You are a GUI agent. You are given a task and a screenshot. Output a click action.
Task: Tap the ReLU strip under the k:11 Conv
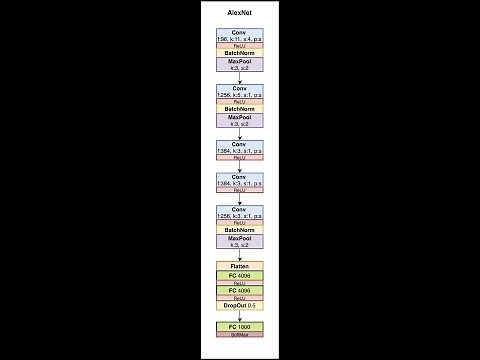tap(239, 46)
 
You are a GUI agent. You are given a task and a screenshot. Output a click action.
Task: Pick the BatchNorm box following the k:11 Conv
tap(239, 52)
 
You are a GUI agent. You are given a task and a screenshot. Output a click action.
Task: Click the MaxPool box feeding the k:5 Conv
tap(239, 64)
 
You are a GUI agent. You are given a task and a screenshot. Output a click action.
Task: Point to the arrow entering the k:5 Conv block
tap(239, 78)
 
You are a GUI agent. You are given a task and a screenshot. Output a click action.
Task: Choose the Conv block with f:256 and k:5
tap(239, 91)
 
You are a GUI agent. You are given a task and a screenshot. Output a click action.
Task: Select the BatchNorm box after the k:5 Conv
tap(239, 108)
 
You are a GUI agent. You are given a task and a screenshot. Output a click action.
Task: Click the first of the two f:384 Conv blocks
tap(239, 146)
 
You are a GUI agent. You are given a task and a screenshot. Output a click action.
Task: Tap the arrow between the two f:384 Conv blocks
tap(239, 167)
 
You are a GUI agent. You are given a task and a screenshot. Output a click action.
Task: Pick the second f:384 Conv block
tap(239, 181)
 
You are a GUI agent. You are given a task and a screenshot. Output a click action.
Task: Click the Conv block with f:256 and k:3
tap(239, 214)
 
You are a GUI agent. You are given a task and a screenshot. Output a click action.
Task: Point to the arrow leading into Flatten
tap(239, 256)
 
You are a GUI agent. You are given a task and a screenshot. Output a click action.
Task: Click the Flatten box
tap(239, 267)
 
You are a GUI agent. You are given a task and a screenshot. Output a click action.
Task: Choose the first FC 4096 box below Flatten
tap(239, 276)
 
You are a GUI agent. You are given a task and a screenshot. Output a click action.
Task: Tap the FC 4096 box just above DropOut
tap(239, 291)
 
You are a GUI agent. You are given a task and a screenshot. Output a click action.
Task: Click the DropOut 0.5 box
tap(239, 305)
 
